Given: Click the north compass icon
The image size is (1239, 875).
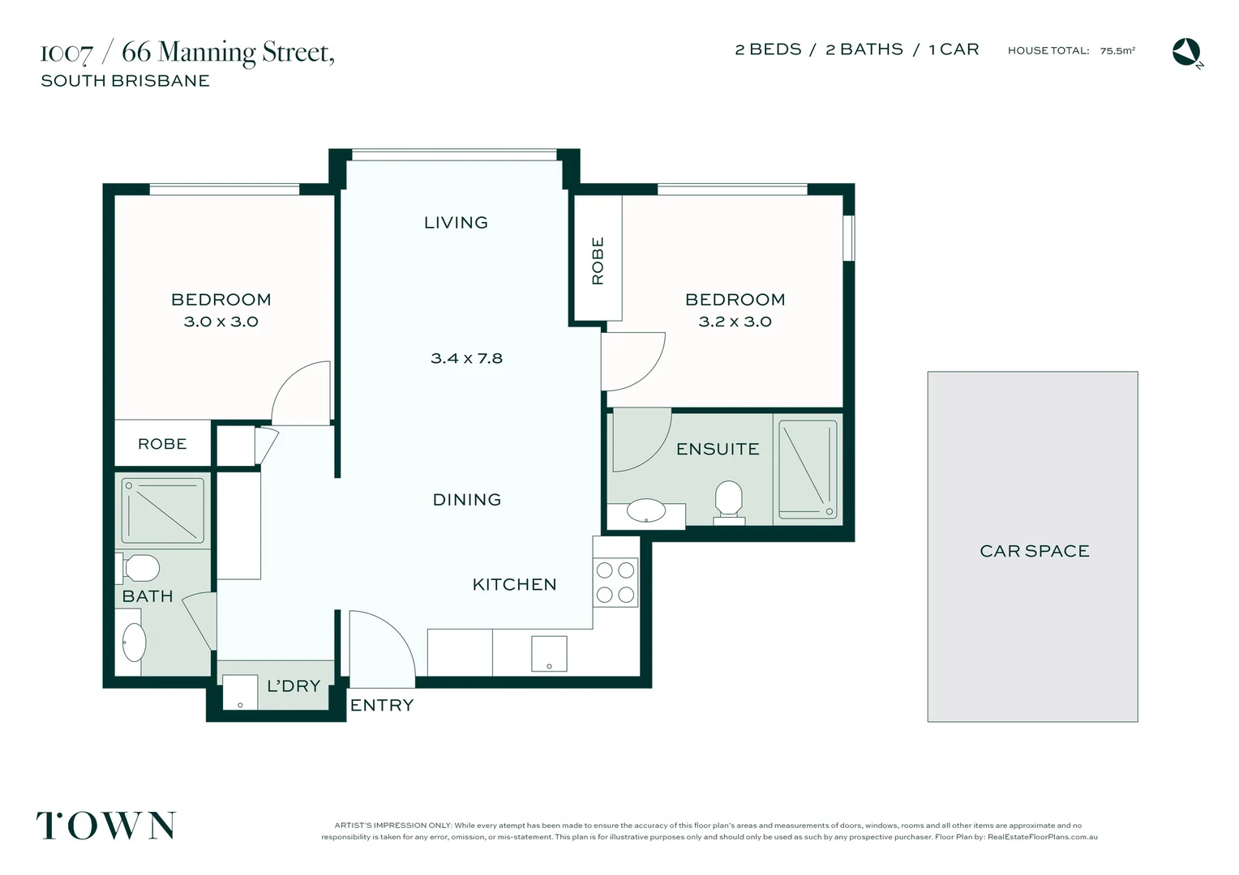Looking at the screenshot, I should [1186, 52].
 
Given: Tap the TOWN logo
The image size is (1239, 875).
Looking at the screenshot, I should [106, 826].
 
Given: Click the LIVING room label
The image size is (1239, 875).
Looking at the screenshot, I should [456, 223].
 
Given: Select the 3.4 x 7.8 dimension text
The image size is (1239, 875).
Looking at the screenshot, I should [466, 358].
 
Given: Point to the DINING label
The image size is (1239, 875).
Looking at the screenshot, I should [467, 500].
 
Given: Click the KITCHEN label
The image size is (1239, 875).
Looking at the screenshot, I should [514, 585].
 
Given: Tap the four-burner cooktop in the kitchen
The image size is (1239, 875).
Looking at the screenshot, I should [615, 583].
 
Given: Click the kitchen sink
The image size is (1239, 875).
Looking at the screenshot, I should [549, 653].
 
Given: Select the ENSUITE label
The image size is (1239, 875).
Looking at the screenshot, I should [718, 449].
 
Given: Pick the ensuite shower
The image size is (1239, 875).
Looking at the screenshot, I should [808, 468].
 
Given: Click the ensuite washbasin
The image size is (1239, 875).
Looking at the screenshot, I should [646, 510].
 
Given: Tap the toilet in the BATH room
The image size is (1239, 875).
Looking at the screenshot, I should [140, 568].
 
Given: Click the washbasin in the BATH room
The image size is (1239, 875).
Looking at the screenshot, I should [134, 642].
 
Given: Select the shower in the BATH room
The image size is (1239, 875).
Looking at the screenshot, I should [163, 510].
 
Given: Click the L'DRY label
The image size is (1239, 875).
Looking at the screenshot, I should [294, 686].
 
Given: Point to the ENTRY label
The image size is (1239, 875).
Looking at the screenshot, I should [382, 706].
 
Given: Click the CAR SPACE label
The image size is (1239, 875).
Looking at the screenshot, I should [1034, 551].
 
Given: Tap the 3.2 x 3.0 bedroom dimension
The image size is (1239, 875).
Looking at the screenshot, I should [735, 322].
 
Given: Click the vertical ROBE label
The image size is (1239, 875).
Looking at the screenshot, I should [598, 260].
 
